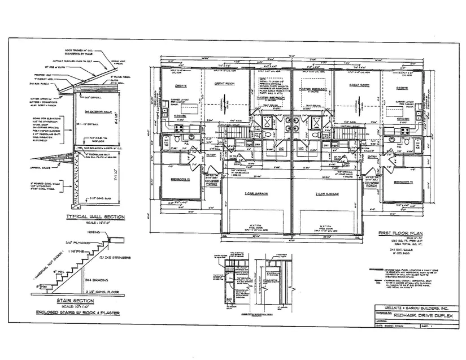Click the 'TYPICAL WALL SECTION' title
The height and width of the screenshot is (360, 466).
pyautogui.click(x=94, y=216)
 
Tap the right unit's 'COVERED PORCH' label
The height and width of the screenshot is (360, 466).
pyautogui.click(x=371, y=185)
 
